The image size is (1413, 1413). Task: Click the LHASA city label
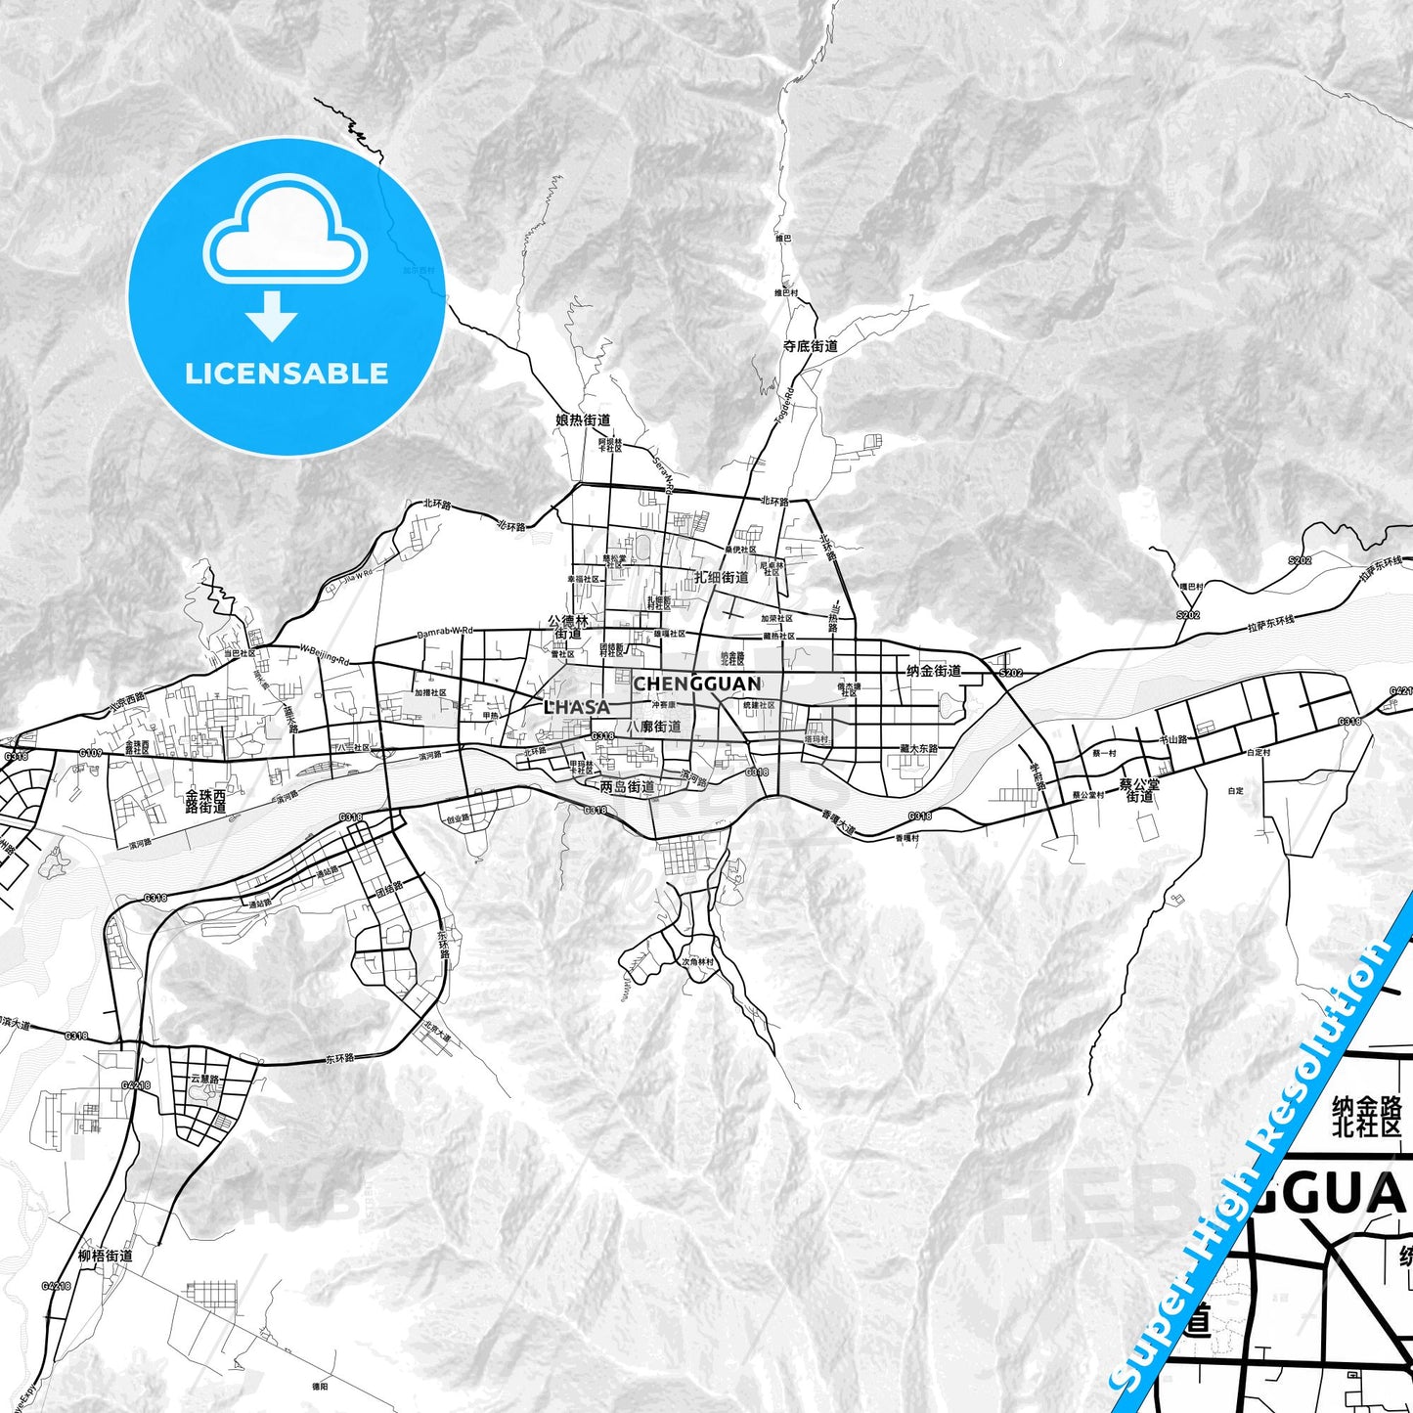coord(577,706)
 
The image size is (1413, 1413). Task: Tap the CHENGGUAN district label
coord(696,684)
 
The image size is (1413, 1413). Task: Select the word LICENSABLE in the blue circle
coord(287,374)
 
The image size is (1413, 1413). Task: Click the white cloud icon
coord(285,231)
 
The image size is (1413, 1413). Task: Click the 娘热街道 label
coord(583,420)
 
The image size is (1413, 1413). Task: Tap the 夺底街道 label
coord(810,346)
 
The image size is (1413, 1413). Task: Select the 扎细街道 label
coord(721,577)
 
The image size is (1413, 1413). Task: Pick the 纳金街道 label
coord(934,671)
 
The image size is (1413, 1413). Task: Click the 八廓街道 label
coord(660,727)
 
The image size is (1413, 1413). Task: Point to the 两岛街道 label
coord(627,786)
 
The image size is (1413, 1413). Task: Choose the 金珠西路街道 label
coord(205,802)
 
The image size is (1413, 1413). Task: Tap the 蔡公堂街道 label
coord(1139,790)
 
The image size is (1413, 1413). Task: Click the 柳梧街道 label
coord(105,1256)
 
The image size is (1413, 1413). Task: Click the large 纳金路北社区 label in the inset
coord(1366,1117)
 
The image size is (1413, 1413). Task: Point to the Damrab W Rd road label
coord(445,633)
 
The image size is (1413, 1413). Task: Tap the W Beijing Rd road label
coord(324,654)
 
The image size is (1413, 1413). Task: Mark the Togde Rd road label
coord(784,402)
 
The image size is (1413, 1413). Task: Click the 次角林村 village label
coord(697,962)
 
